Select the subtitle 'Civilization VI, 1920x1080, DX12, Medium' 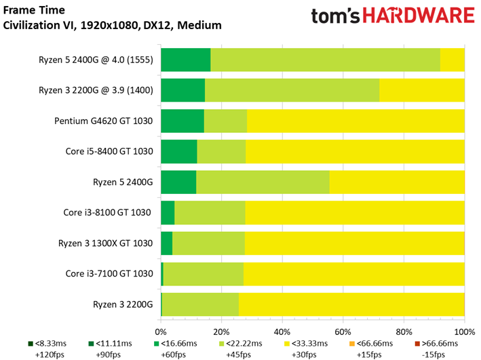pos(112,26)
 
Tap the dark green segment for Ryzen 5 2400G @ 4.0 pos(185,60)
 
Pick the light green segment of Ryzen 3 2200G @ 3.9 pos(292,90)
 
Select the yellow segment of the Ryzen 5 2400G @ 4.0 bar pos(452,60)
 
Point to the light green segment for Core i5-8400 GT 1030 pos(221,151)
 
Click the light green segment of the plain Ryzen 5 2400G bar pos(263,182)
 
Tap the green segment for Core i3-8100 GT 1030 pos(168,212)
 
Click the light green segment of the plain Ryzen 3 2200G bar pos(200,304)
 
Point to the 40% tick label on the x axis pos(282,332)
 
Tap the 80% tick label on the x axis pos(404,332)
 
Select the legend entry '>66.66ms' pos(436,344)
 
